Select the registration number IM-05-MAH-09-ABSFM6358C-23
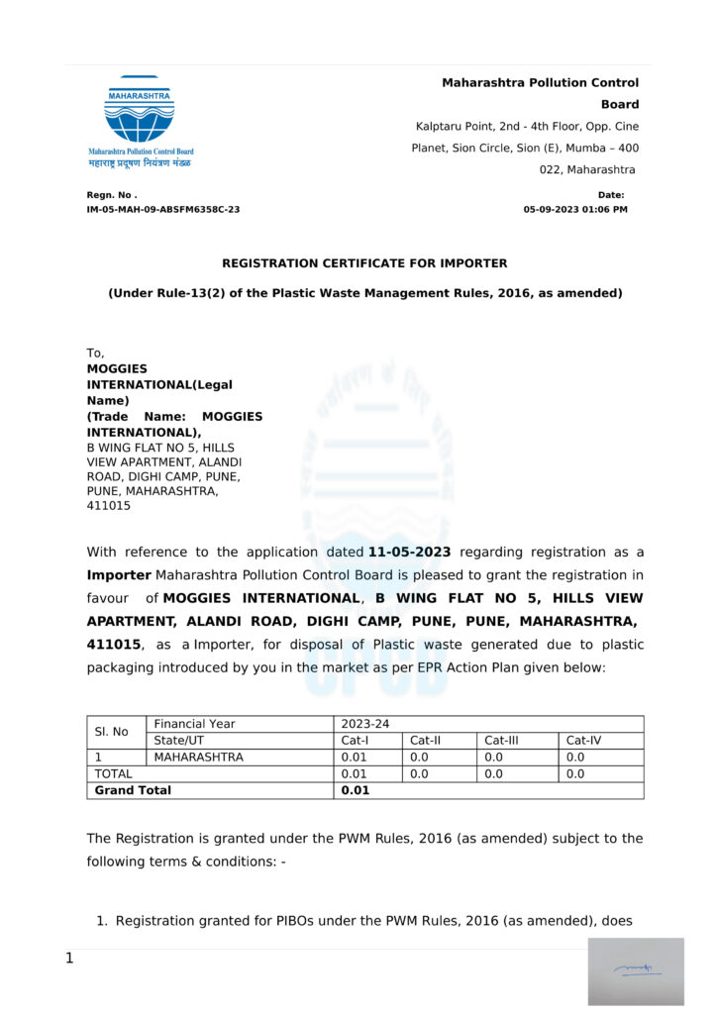click(163, 210)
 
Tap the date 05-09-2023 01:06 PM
click(575, 210)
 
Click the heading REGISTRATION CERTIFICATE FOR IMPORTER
click(364, 263)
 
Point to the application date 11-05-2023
click(409, 553)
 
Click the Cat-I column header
click(354, 740)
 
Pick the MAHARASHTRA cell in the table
click(198, 757)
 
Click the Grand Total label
click(133, 790)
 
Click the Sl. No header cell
click(111, 732)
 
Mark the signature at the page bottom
click(635, 970)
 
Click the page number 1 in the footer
click(69, 958)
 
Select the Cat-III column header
click(504, 740)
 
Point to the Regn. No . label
click(112, 195)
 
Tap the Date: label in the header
click(611, 195)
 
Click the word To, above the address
click(96, 353)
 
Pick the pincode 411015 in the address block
click(109, 506)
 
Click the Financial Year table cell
click(194, 724)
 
